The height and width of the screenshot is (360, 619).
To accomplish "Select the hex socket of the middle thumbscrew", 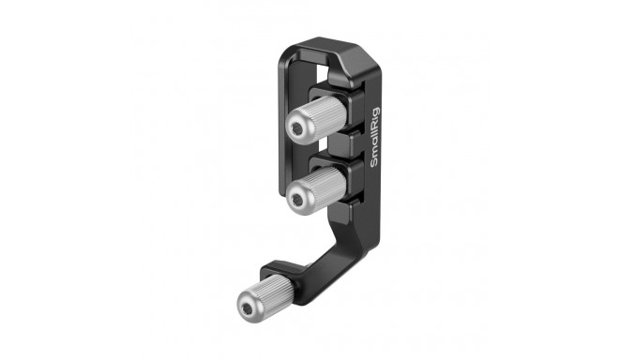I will pyautogui.click(x=299, y=197).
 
